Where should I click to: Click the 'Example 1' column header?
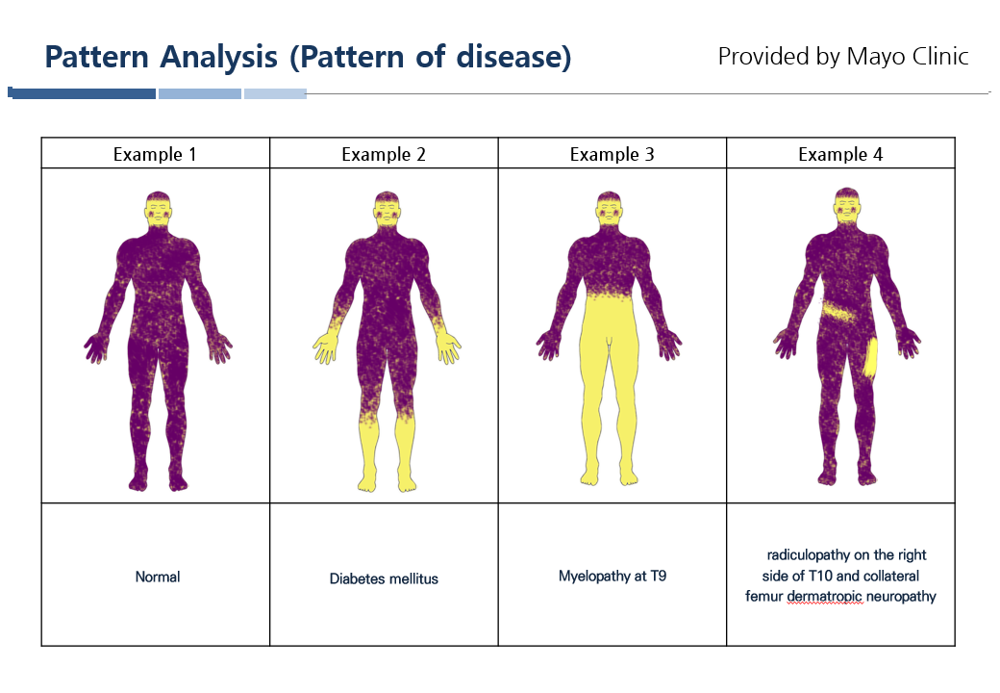coord(155,154)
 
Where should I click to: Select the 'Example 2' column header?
coord(384,154)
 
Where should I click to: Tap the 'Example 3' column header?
coord(612,154)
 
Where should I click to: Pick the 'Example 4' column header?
coord(840,154)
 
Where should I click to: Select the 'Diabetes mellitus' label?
coord(384,578)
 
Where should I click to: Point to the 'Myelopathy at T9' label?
coord(612,577)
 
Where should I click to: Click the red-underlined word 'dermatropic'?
coord(825,597)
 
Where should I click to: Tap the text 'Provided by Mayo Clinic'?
coord(843,56)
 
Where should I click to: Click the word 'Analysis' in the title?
coord(219,57)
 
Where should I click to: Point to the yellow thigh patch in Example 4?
coord(870,358)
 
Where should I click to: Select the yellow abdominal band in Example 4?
coord(839,313)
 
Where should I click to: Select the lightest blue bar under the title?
coord(275,93)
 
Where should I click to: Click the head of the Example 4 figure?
coord(846,205)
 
